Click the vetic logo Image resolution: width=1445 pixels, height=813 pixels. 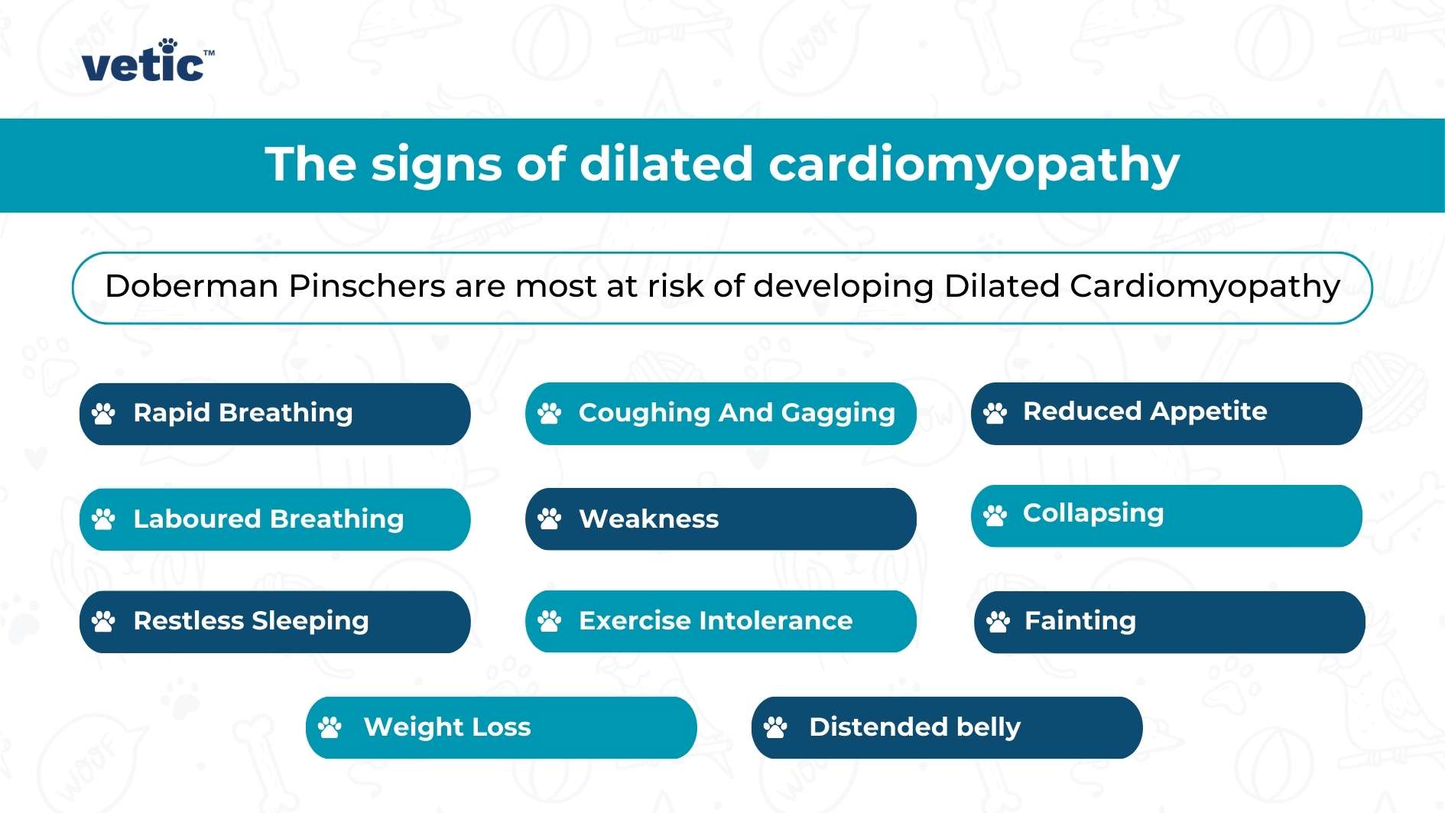click(146, 61)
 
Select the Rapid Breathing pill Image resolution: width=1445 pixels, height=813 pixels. click(274, 414)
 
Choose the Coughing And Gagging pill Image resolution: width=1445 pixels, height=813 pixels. click(720, 414)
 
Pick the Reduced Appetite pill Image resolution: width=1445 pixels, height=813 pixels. click(1166, 413)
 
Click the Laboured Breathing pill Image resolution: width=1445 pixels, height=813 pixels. click(274, 519)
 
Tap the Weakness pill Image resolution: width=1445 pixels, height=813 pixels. click(720, 519)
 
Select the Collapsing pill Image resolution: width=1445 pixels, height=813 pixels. click(1166, 515)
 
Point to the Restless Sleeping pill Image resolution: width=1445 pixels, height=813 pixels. click(274, 621)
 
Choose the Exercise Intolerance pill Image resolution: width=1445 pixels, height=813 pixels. click(720, 621)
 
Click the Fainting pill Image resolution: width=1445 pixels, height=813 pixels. click(1169, 622)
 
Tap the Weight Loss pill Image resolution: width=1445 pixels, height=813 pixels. click(501, 727)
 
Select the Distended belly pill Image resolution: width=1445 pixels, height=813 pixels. click(947, 727)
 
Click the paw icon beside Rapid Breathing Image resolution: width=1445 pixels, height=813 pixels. click(103, 414)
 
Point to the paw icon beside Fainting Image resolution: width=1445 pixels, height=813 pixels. click(998, 622)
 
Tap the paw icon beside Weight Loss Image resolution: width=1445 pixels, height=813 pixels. click(330, 727)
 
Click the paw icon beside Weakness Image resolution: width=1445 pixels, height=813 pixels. click(549, 519)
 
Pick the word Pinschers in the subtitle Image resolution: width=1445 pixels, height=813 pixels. click(367, 286)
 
